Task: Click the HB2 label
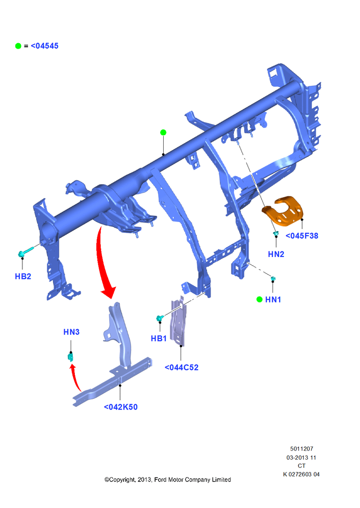(23, 276)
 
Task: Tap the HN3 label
(71, 332)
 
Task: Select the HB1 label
(159, 338)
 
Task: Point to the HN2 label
(276, 255)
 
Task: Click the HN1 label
(273, 300)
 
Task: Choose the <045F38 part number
(302, 236)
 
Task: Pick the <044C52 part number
(182, 367)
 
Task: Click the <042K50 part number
(121, 407)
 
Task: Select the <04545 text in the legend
(44, 46)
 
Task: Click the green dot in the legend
(18, 46)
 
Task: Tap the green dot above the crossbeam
(163, 132)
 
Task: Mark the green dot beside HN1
(259, 299)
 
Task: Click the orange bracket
(283, 210)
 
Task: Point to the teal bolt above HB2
(26, 252)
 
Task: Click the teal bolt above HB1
(160, 318)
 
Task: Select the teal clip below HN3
(70, 357)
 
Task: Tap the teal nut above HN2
(276, 233)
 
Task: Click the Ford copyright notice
(168, 480)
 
